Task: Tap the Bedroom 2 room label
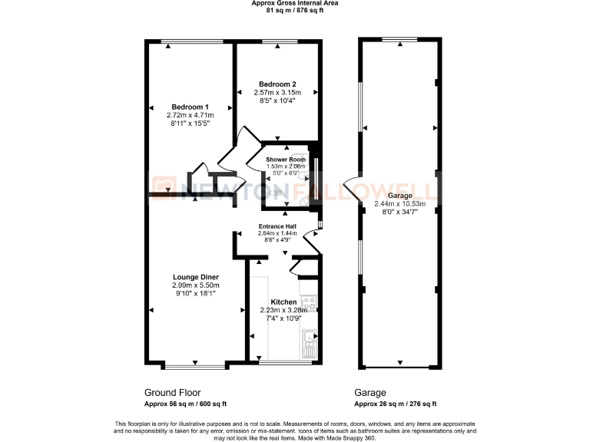click(x=277, y=84)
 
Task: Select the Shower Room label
click(x=286, y=159)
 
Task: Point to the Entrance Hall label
click(x=277, y=226)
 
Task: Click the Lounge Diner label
click(x=195, y=276)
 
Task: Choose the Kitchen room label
click(x=283, y=302)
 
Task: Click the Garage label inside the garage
click(x=399, y=196)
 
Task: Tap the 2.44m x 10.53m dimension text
click(x=399, y=204)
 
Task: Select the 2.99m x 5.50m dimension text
click(x=195, y=285)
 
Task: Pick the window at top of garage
click(x=400, y=39)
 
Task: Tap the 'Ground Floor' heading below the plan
click(x=169, y=391)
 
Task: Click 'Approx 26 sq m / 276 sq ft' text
click(x=395, y=404)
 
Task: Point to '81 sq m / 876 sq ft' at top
click(x=294, y=11)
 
